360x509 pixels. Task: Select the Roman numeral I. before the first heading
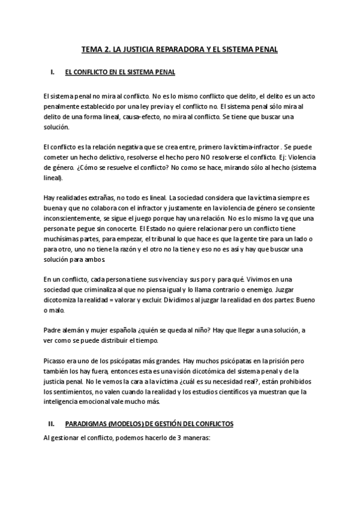pos(53,72)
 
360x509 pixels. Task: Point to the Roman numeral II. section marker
pos(52,424)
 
